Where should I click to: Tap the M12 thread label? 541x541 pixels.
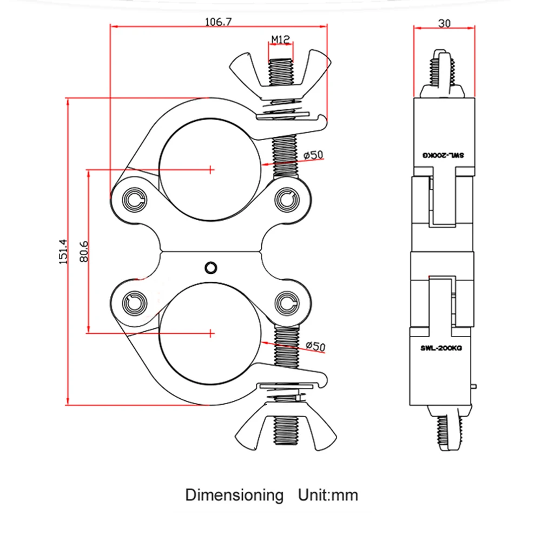281,39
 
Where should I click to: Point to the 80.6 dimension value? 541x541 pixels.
83,252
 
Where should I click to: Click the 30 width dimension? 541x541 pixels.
445,23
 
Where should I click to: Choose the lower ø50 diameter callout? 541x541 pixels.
314,346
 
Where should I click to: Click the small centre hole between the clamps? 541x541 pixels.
211,267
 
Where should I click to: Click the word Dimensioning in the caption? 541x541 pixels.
234,495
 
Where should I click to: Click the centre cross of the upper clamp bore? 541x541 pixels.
210,169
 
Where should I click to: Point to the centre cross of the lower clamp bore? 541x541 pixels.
210,332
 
